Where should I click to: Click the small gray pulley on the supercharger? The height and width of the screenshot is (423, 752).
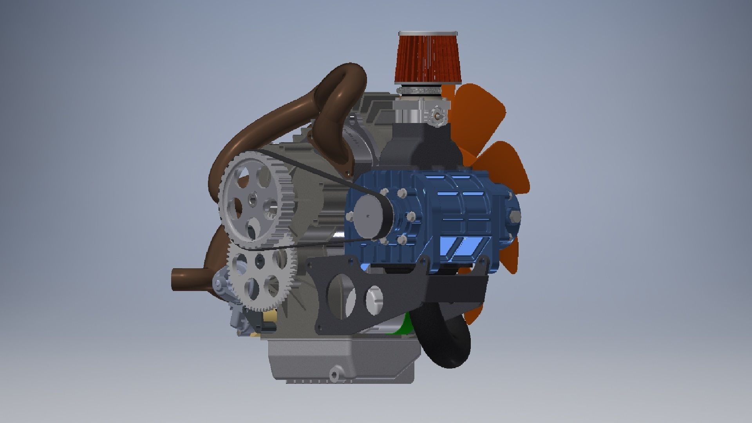tap(368, 215)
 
